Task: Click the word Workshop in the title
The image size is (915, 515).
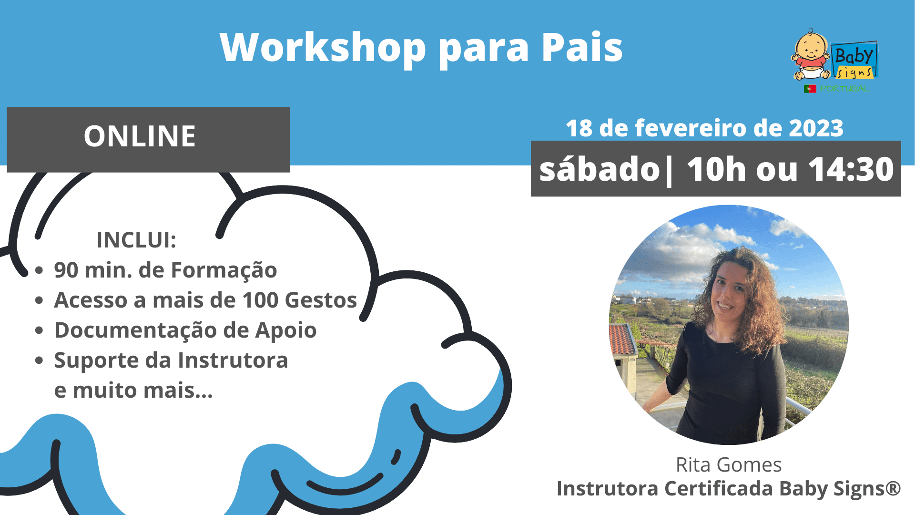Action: pos(323,48)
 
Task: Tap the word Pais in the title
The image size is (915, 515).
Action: pos(582,48)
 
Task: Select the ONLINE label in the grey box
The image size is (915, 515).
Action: pos(140,136)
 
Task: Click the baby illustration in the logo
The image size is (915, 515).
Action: pos(811,55)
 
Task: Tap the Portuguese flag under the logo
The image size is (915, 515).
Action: pos(810,89)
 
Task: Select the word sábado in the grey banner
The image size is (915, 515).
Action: pos(600,169)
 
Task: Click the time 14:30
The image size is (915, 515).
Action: pos(851,169)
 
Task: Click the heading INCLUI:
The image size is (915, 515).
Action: pos(136,240)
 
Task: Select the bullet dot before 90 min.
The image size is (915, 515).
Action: pos(39,270)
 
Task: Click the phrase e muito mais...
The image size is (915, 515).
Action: pos(133,391)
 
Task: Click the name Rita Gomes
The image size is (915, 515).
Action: pos(729,465)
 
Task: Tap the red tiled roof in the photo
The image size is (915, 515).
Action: pos(623,339)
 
